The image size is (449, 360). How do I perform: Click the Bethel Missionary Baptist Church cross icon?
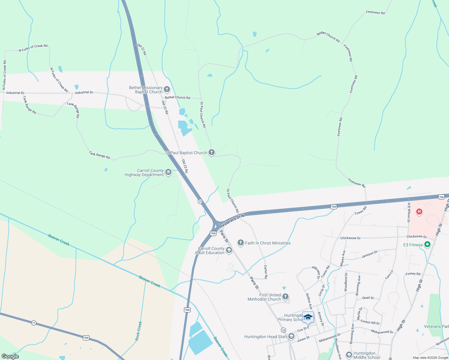click(x=167, y=89)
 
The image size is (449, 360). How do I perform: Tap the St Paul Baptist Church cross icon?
click(x=212, y=152)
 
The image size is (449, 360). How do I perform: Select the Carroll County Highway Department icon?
click(x=168, y=172)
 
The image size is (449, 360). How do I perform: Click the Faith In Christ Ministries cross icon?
click(x=240, y=243)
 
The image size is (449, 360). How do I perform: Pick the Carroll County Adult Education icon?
click(x=229, y=250)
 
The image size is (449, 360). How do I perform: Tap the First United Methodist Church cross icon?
click(x=285, y=297)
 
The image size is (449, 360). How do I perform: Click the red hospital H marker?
click(x=419, y=212)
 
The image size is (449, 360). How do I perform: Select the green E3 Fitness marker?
click(x=427, y=244)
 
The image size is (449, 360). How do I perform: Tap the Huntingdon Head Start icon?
click(x=291, y=336)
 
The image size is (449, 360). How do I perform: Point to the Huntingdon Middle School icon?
click(x=349, y=355)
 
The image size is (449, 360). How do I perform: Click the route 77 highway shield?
click(x=34, y=323)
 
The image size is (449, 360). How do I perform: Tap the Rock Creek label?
click(x=139, y=331)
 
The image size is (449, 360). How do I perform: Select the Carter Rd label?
click(x=266, y=271)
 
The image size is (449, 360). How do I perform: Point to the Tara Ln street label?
click(x=389, y=274)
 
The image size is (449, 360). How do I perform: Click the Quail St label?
click(x=368, y=298)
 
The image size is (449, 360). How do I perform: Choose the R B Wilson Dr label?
click(x=408, y=212)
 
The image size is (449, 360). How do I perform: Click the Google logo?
click(x=10, y=356)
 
